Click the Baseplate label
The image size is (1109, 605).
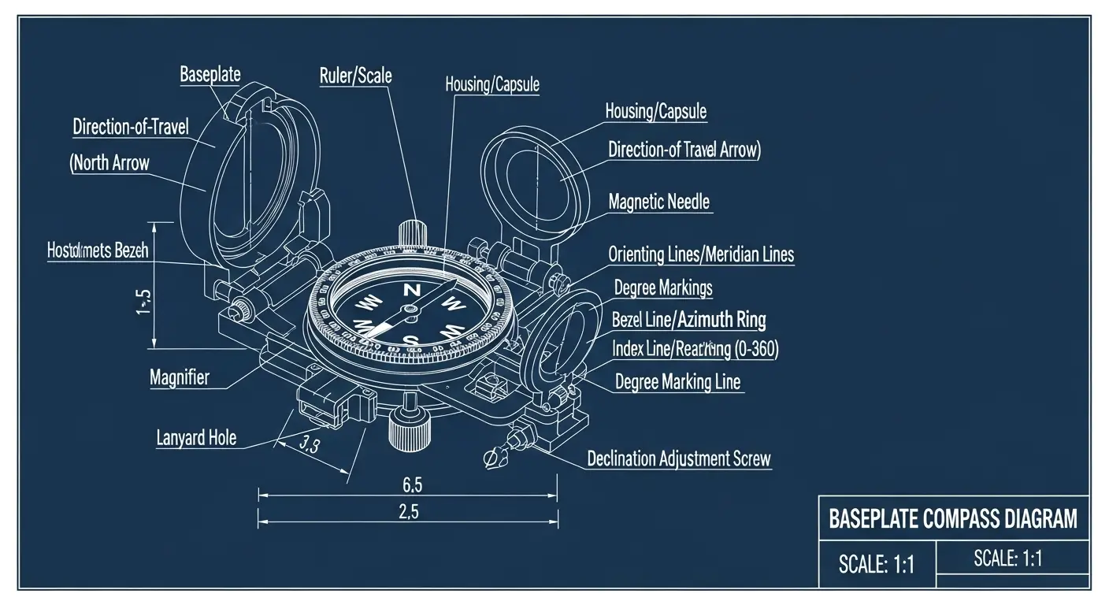click(210, 75)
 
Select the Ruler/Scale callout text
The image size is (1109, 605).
click(355, 76)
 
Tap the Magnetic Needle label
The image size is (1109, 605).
click(659, 202)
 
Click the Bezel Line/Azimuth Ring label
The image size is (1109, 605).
click(688, 319)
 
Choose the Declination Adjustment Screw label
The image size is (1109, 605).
click(679, 458)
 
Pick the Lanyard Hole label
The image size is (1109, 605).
click(196, 438)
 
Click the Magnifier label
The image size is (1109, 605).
click(180, 377)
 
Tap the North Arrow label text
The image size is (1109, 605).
click(109, 163)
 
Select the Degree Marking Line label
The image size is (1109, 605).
click(677, 382)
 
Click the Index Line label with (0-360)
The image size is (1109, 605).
click(695, 350)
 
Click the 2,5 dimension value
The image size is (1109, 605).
click(408, 511)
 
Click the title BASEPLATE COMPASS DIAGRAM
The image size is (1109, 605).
click(953, 518)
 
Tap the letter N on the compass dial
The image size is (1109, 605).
click(411, 290)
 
